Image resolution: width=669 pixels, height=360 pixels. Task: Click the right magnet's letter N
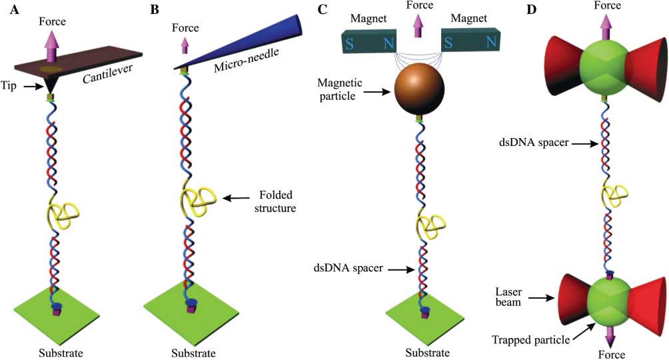tap(490, 42)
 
